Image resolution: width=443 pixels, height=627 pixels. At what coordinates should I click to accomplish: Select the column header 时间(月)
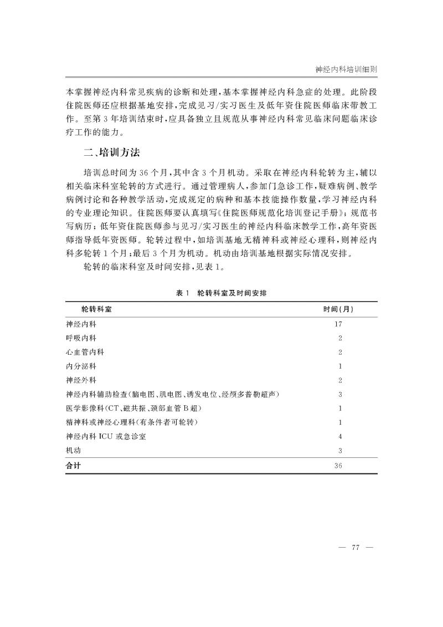click(339, 308)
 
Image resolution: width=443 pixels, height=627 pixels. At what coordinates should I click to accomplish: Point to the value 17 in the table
click(339, 323)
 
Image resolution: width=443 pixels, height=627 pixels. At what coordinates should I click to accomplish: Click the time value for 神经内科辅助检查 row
click(339, 394)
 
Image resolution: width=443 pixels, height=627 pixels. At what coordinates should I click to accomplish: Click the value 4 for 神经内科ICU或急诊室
click(339, 437)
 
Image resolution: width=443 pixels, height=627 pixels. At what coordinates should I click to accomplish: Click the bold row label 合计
click(73, 466)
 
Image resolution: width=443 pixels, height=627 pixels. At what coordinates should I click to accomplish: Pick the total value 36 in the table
click(339, 466)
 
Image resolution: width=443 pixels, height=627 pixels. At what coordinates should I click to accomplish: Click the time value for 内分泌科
click(339, 366)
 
